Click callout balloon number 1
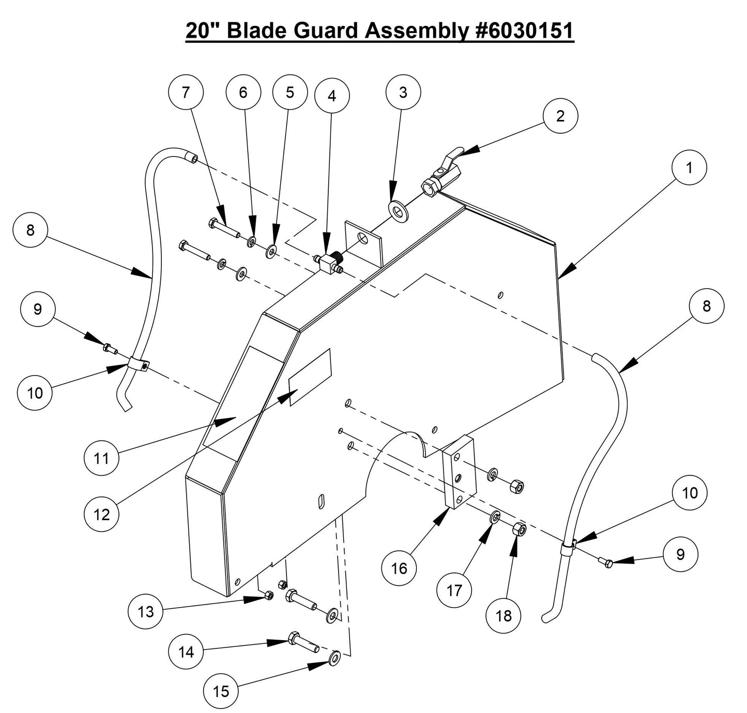click(x=689, y=167)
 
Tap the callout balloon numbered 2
click(x=560, y=116)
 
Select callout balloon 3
click(x=403, y=92)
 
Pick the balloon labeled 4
click(x=332, y=96)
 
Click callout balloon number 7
click(x=186, y=92)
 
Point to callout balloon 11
click(x=102, y=457)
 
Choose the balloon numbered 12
click(x=102, y=514)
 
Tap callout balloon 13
click(x=146, y=612)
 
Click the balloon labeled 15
click(x=221, y=691)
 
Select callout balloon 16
click(x=399, y=568)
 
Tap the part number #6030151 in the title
click(x=523, y=31)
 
